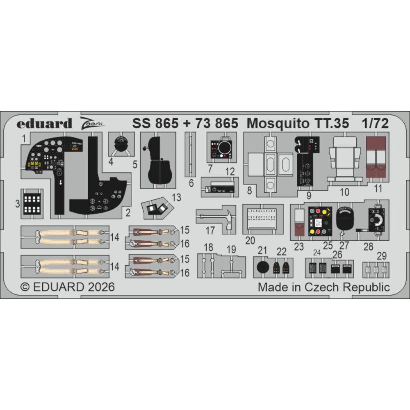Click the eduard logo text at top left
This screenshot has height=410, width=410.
(x=44, y=123)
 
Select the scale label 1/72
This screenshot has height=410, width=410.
(x=375, y=123)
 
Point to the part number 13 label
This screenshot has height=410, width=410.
(x=177, y=198)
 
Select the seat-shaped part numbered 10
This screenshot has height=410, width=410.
(x=345, y=158)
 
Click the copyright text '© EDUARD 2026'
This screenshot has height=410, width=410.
(x=68, y=287)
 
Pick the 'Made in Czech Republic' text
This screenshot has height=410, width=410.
(x=324, y=287)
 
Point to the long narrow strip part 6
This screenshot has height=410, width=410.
(x=190, y=154)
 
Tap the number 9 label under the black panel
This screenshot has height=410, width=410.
(x=309, y=195)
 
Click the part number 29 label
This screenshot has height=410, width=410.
(x=381, y=256)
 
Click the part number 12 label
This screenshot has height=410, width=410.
(x=230, y=172)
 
